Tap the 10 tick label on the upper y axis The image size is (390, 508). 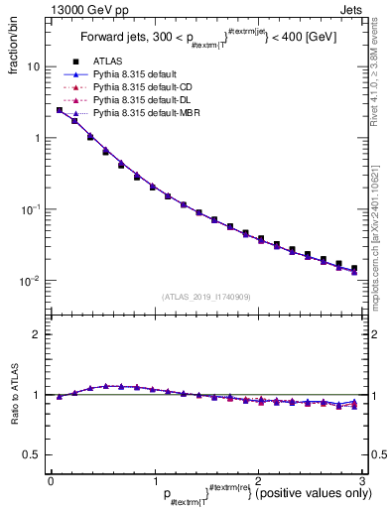click(33, 66)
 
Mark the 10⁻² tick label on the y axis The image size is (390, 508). click(30, 280)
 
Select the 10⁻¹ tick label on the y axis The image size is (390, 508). click(30, 208)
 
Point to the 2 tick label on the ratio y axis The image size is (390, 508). click(38, 334)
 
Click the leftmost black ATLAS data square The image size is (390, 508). click(60, 110)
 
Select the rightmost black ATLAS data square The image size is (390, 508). click(354, 268)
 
